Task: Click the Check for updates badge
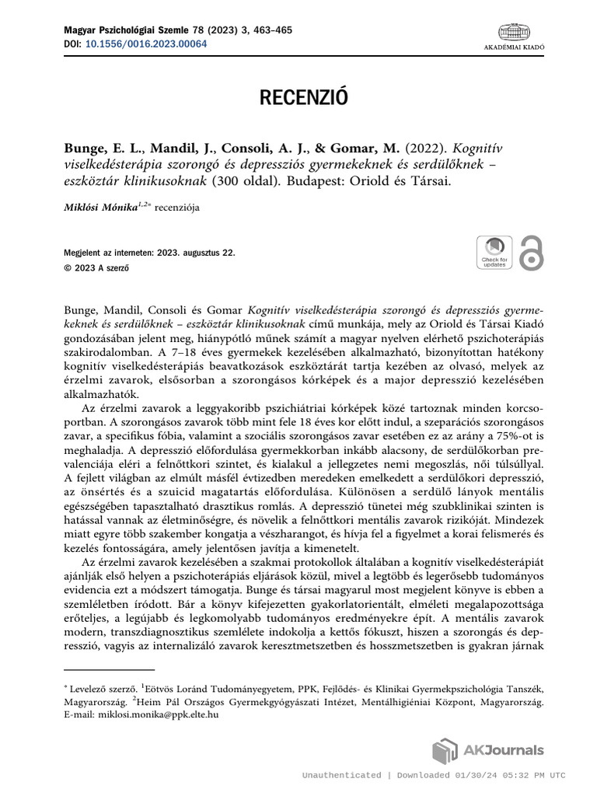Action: click(494, 252)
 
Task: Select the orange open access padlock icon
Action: click(532, 252)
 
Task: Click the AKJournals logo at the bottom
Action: click(488, 751)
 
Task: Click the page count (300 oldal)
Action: click(237, 180)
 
